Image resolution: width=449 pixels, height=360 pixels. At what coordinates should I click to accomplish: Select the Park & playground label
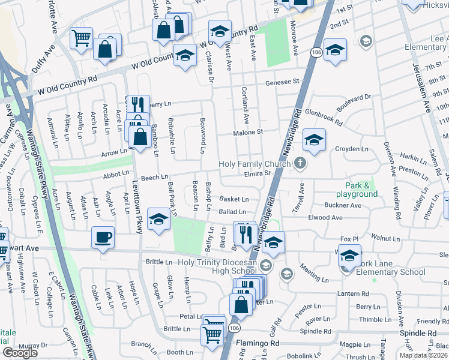point(353,190)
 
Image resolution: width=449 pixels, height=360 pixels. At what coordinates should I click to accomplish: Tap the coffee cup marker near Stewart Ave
point(103,237)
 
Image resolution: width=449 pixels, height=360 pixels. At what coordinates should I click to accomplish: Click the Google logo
point(20,353)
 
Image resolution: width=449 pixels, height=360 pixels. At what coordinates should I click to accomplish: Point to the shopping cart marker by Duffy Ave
point(81,38)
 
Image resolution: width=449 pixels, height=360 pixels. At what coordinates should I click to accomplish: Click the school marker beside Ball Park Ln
point(158,220)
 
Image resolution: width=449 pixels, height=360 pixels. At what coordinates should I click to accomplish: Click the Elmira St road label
point(258,174)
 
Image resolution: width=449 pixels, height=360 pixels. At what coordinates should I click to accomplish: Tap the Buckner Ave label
point(343,205)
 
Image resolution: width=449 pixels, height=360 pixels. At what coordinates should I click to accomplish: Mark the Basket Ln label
point(234,199)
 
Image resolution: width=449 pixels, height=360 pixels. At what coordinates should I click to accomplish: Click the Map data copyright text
point(423,355)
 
